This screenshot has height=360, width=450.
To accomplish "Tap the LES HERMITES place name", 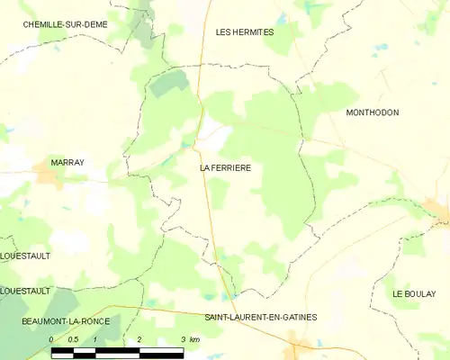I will (245, 31).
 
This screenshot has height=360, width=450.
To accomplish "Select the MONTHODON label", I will (372, 112).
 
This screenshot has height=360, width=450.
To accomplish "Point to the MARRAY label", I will (67, 162).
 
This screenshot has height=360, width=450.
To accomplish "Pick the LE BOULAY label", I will (413, 294).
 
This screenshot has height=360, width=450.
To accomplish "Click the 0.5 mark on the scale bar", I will (73, 339).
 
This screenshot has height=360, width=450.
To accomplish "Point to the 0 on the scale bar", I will (52, 339).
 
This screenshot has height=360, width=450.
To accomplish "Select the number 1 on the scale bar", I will (94, 339).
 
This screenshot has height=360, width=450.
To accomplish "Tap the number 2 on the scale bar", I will (139, 339).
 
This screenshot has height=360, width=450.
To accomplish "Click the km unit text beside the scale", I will (194, 339).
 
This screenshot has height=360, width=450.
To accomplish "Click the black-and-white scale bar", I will (117, 351).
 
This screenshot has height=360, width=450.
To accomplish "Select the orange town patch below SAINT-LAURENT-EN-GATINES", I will (300, 342).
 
